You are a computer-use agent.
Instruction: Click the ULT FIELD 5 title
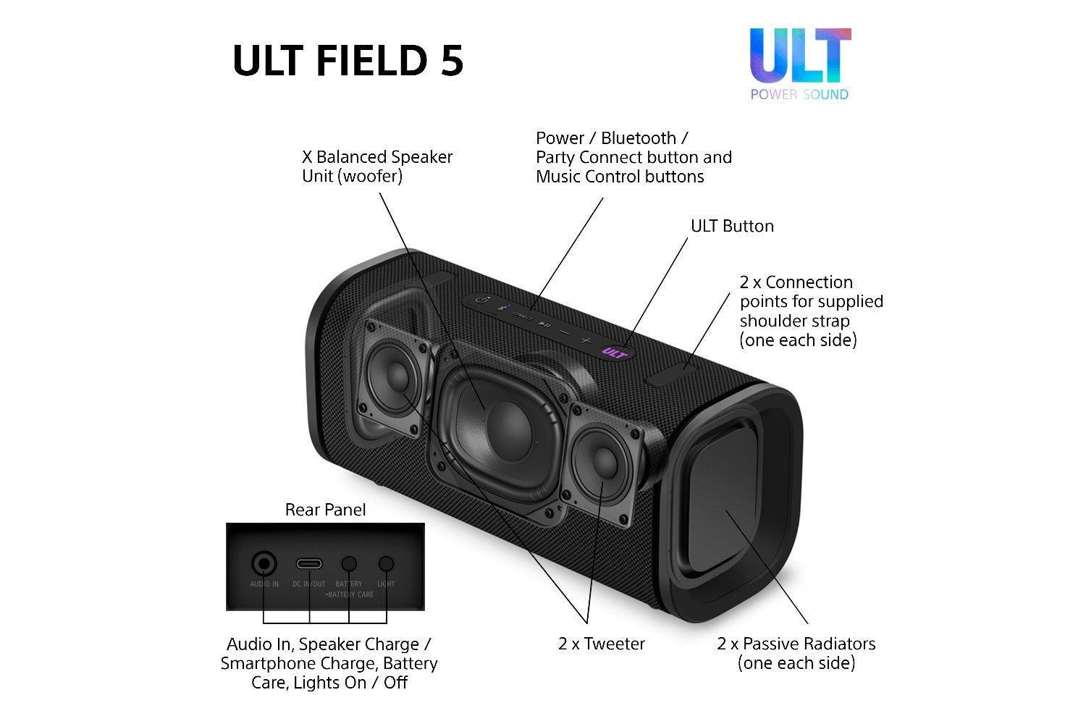pyautogui.click(x=348, y=60)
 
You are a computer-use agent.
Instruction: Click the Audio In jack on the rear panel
pyautogui.click(x=264, y=563)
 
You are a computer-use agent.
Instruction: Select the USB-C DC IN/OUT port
pyautogui.click(x=309, y=564)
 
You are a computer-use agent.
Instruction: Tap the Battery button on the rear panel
pyautogui.click(x=349, y=563)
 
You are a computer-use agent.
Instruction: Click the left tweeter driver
pyautogui.click(x=395, y=376)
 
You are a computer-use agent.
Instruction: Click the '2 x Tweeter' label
pyautogui.click(x=601, y=644)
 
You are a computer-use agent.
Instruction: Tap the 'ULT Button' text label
pyautogui.click(x=732, y=226)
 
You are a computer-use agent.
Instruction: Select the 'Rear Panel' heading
pyautogui.click(x=325, y=510)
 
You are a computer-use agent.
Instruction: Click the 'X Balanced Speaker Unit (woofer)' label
pyautogui.click(x=376, y=167)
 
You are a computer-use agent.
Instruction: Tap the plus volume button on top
pyautogui.click(x=585, y=340)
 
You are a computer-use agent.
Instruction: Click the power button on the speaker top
pyautogui.click(x=483, y=300)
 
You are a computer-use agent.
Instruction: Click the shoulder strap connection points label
pyautogui.click(x=811, y=311)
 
